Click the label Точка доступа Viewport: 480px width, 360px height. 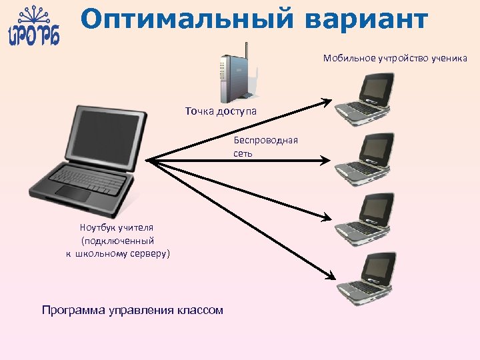point(221,111)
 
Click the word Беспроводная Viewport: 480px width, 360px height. point(265,140)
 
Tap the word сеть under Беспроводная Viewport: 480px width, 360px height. point(243,153)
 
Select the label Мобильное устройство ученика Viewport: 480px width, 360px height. point(395,58)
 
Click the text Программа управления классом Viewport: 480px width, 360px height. point(132,310)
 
